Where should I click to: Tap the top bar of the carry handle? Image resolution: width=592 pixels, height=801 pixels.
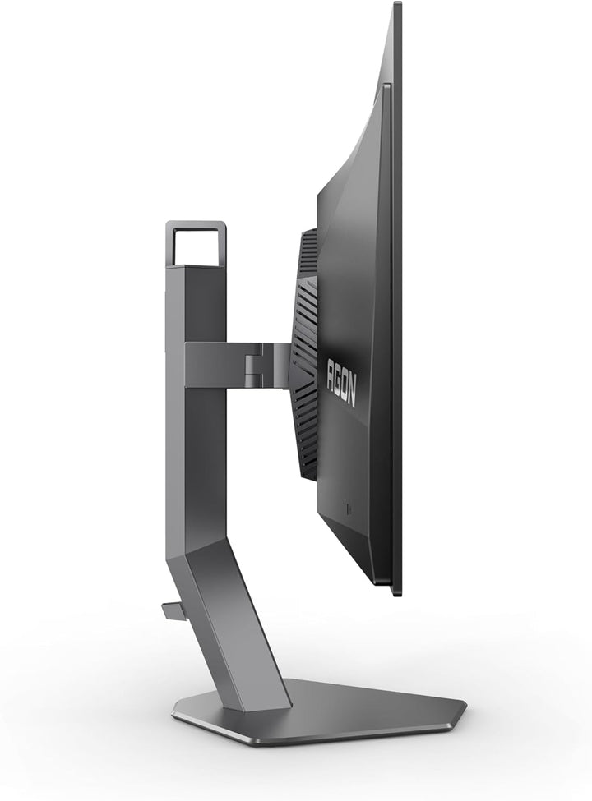[197, 225]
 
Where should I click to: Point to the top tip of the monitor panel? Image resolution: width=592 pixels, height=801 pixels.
[398, 3]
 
